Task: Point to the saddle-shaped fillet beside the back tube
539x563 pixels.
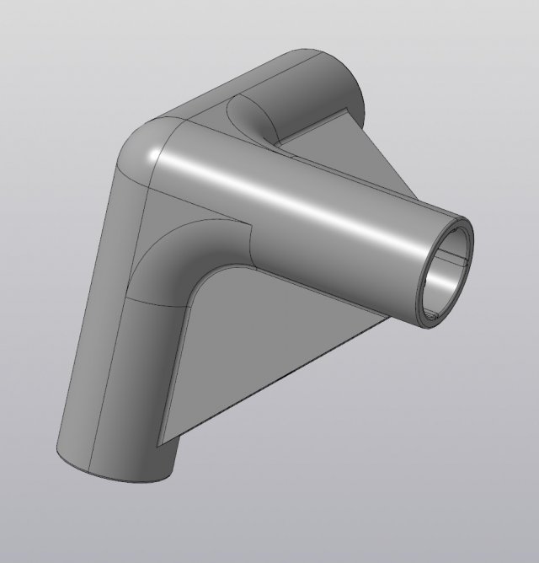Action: (x=253, y=122)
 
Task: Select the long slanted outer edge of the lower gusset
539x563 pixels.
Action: (x=278, y=379)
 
